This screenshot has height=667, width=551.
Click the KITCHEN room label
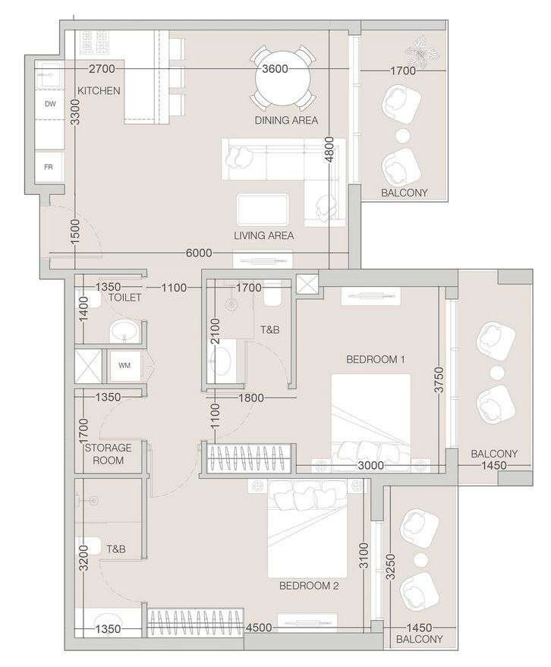tap(99, 90)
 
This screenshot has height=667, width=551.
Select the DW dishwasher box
tap(50, 104)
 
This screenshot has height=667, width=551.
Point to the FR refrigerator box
tap(49, 167)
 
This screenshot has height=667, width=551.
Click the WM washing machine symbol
tap(124, 365)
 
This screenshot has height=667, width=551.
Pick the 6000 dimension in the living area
tap(199, 253)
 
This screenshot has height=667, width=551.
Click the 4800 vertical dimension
tap(329, 149)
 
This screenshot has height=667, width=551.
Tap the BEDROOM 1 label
tap(375, 360)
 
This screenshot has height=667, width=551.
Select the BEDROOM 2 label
tap(309, 586)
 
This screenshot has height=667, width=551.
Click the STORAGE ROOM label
tap(108, 454)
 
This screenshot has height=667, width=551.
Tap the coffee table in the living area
tap(263, 209)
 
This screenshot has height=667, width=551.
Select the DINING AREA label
tap(286, 121)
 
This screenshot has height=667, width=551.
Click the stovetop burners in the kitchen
tap(94, 42)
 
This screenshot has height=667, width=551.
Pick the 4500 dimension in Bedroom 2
tap(259, 628)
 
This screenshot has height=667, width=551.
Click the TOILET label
tap(124, 297)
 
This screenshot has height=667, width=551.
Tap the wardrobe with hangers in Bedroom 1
tap(248, 458)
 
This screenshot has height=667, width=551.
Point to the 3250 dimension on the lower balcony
tap(390, 567)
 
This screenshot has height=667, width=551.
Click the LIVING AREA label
tap(264, 235)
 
